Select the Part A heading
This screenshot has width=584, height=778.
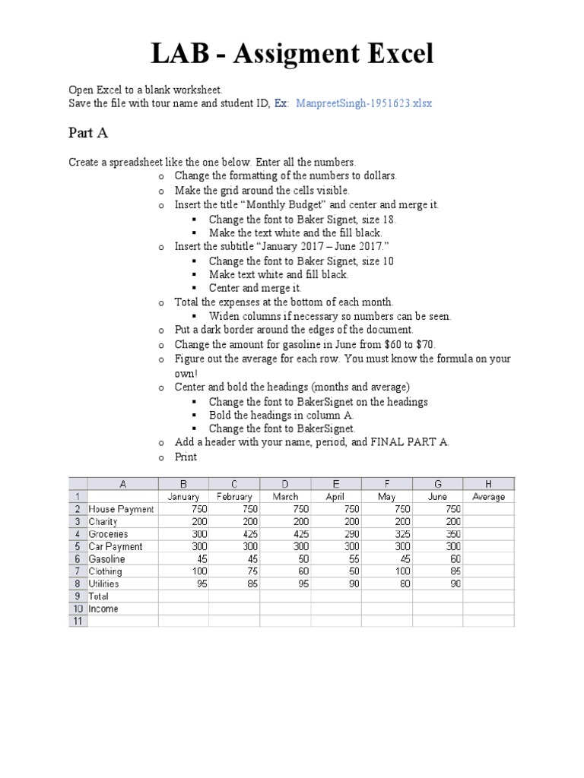point(88,133)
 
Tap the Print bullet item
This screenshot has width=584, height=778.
point(186,457)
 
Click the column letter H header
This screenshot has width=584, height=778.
point(488,483)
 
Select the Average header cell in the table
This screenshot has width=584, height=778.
point(488,496)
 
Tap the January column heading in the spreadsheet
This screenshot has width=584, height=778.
point(182,496)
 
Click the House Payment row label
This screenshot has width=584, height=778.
point(121,509)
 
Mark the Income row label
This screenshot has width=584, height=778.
point(103,609)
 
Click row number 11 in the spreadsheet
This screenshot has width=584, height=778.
point(78,621)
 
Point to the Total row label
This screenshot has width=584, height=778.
point(100,596)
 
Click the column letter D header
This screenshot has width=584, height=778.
point(284,483)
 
